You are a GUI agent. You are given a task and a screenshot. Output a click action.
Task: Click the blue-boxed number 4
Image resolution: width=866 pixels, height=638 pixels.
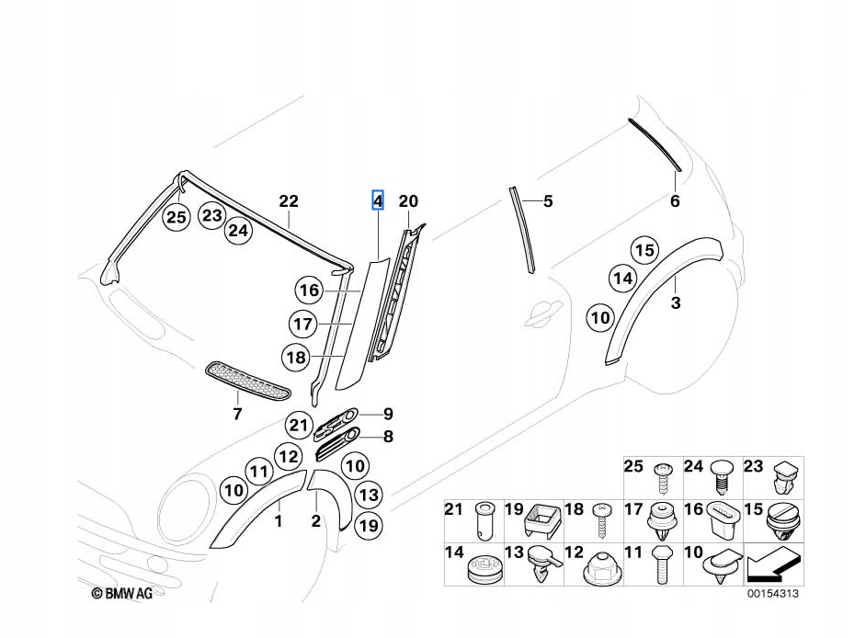click(377, 200)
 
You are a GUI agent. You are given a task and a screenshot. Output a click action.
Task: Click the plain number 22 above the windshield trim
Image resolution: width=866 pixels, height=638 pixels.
click(289, 201)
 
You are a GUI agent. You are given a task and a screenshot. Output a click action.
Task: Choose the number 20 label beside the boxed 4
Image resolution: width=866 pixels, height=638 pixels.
click(408, 200)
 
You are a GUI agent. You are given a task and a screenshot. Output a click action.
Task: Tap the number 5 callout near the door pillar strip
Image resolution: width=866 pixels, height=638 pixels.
click(548, 200)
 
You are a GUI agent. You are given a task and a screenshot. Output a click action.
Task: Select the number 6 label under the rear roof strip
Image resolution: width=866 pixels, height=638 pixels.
click(674, 201)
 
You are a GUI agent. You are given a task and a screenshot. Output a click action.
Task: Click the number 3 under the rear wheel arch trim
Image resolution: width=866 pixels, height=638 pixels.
click(676, 302)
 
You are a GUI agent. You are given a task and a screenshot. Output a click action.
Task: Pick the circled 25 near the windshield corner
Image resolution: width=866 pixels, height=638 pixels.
click(176, 217)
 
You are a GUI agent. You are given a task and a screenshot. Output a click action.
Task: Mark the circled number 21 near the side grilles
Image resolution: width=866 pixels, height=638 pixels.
click(297, 425)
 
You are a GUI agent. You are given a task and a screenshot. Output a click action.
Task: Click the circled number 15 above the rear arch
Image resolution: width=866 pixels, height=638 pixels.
click(644, 249)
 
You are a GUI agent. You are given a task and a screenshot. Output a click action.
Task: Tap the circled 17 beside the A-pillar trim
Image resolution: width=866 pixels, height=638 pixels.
click(302, 324)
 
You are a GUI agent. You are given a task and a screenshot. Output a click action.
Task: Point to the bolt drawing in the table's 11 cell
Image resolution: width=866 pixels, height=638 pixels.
click(662, 568)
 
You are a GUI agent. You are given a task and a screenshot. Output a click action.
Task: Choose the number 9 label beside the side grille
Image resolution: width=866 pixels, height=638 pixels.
click(388, 413)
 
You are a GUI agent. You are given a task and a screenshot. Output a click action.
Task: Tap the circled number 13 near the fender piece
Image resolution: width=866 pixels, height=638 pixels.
click(367, 496)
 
